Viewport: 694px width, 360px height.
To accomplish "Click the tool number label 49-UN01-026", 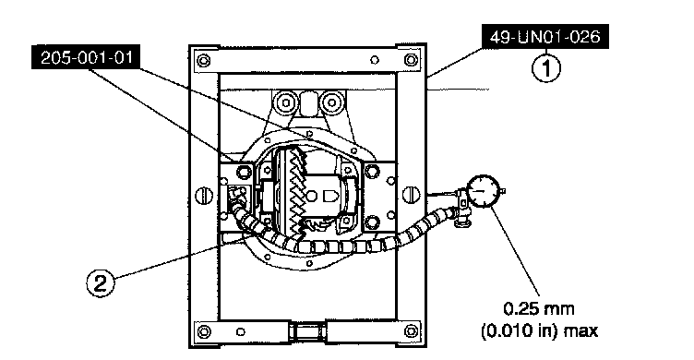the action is [x=544, y=36].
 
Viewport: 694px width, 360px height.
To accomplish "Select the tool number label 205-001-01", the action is [x=86, y=57].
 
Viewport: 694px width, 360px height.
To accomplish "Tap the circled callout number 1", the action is [x=546, y=68].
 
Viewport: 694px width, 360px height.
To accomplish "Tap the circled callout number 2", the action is [x=100, y=282].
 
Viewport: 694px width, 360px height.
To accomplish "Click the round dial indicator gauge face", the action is [x=485, y=191].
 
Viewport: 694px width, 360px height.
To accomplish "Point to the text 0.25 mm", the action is [x=539, y=308].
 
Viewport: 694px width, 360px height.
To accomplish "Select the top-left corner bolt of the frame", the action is [x=203, y=60].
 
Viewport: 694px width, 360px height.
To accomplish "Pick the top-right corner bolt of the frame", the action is [x=411, y=59].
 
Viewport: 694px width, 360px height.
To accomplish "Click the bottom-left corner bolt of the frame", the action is [x=204, y=331].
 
